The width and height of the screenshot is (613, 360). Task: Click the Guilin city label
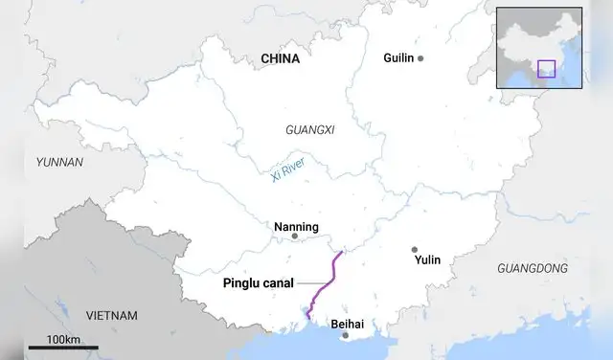pyautogui.click(x=397, y=58)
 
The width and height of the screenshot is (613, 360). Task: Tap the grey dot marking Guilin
pyautogui.click(x=420, y=58)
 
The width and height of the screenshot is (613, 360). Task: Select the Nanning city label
pyautogui.click(x=295, y=226)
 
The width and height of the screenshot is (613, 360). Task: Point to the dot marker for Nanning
pyautogui.click(x=295, y=236)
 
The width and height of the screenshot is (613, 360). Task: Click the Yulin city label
pyautogui.click(x=427, y=259)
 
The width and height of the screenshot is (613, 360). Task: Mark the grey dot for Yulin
pyautogui.click(x=415, y=249)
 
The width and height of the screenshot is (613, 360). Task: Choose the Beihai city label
pyautogui.click(x=348, y=325)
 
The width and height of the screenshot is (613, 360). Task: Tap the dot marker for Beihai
pyautogui.click(x=346, y=335)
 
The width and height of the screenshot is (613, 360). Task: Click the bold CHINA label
pyautogui.click(x=280, y=58)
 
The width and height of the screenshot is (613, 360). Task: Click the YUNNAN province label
pyautogui.click(x=59, y=162)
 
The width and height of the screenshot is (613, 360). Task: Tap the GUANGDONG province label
pyautogui.click(x=532, y=269)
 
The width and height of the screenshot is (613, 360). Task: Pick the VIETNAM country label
pyautogui.click(x=112, y=315)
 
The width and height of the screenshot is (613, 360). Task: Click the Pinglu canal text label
pyautogui.click(x=258, y=282)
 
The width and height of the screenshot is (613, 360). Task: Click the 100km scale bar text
pyautogui.click(x=63, y=340)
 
